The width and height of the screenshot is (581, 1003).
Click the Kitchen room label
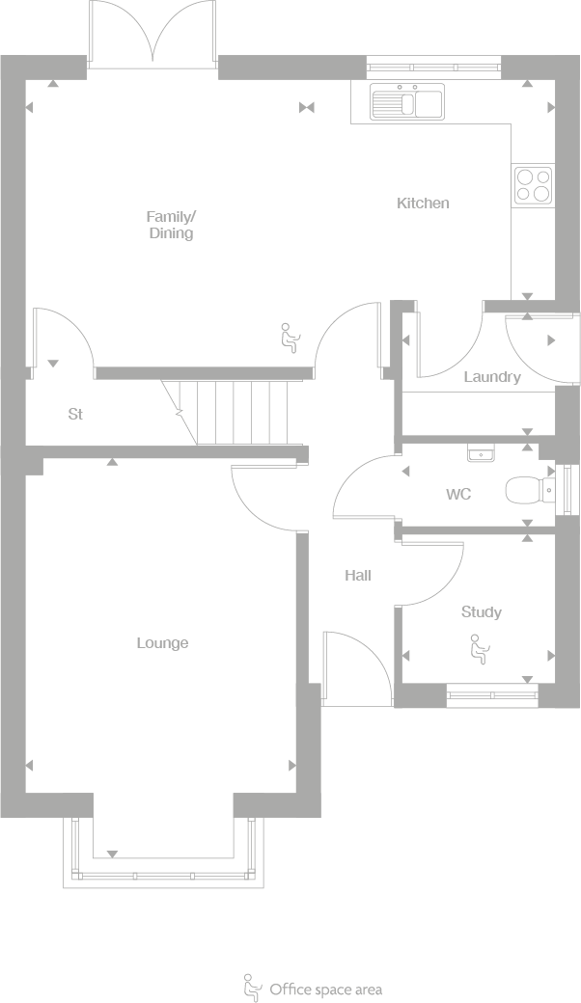(423, 203)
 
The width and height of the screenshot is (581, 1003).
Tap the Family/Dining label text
(171, 225)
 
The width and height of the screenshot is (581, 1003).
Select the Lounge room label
(162, 643)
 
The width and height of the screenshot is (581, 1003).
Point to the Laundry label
(492, 377)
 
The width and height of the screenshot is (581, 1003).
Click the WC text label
(458, 495)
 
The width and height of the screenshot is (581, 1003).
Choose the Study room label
(481, 612)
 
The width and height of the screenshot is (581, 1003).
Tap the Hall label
(358, 576)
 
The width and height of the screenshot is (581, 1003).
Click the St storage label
(75, 415)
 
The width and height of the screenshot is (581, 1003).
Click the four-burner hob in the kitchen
(533, 184)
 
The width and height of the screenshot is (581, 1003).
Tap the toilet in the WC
(529, 491)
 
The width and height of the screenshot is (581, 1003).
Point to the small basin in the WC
(480, 452)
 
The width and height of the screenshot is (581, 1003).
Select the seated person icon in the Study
(478, 648)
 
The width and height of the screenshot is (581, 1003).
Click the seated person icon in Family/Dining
(289, 338)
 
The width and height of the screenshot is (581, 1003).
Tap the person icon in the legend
(252, 987)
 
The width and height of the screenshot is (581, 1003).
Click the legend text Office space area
(325, 989)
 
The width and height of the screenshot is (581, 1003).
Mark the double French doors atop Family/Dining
(152, 34)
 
